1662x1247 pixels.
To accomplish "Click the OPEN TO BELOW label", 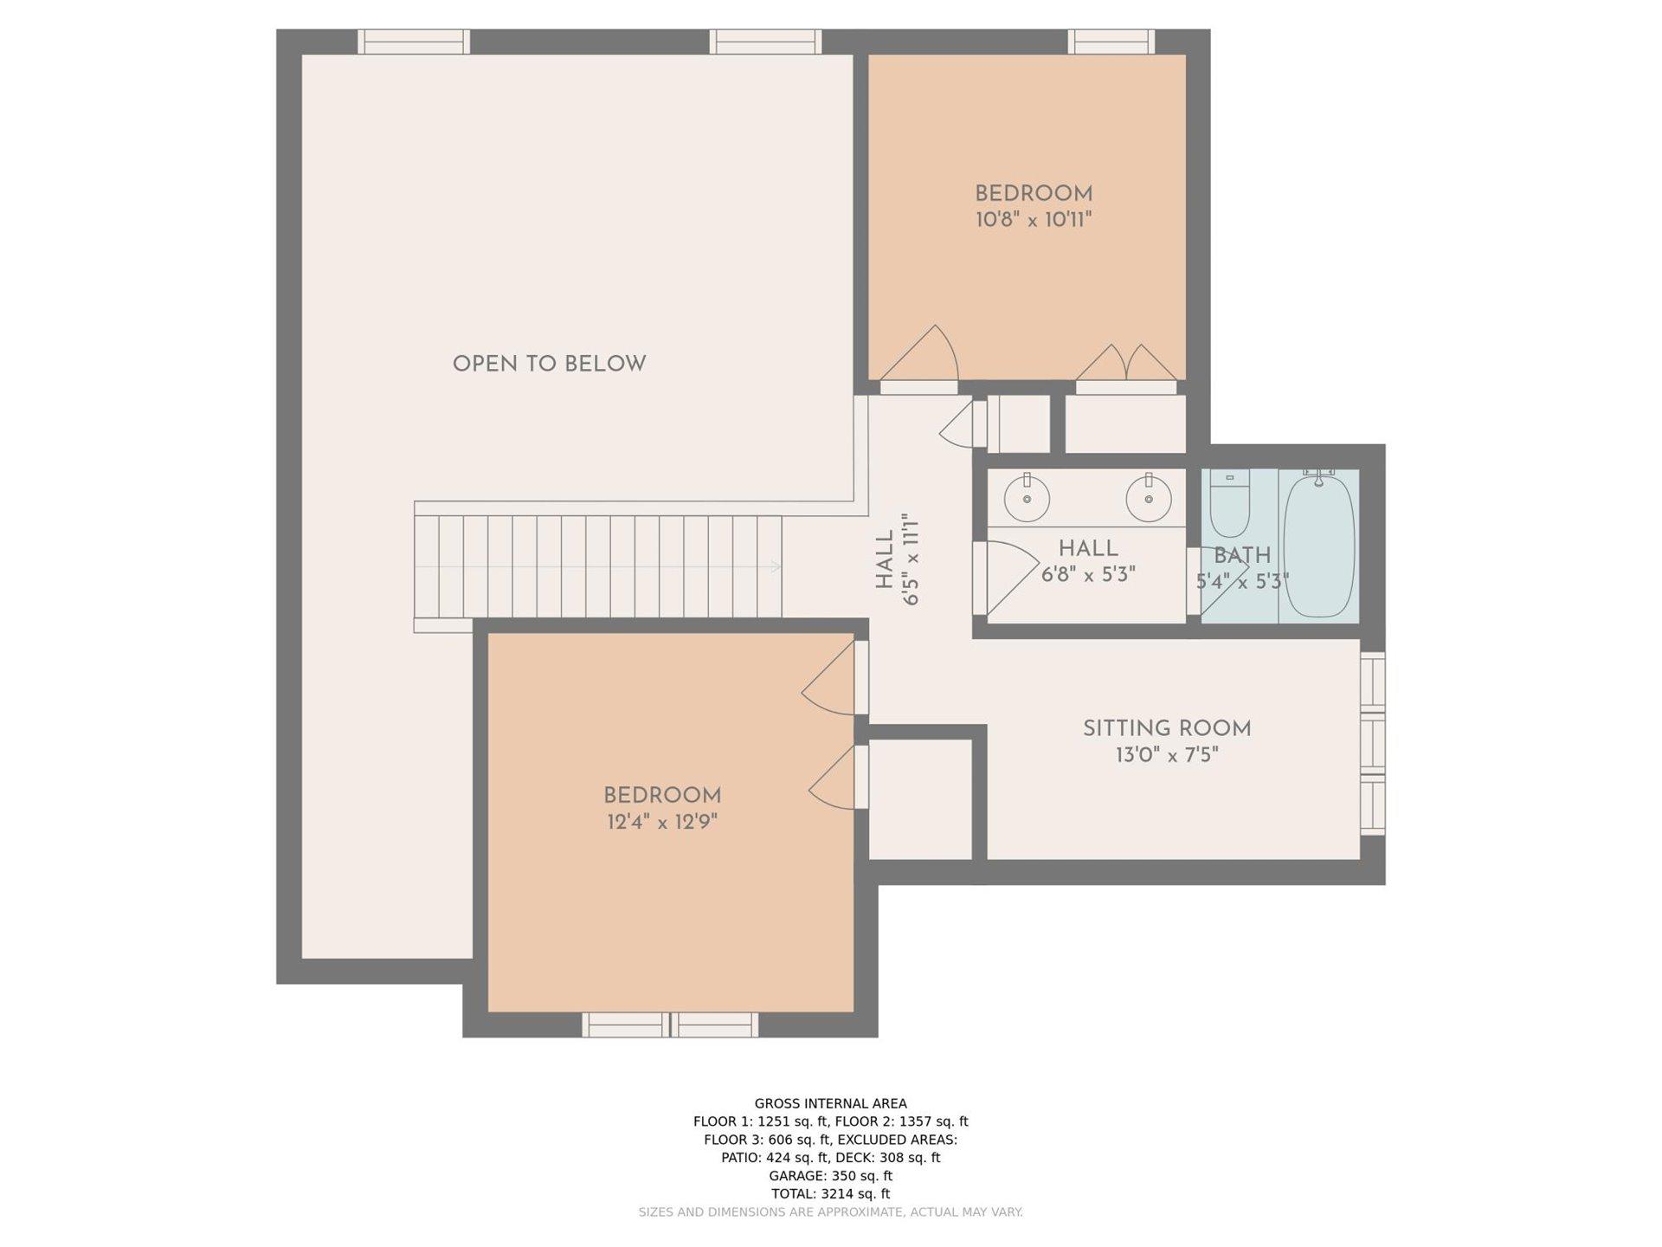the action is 549,364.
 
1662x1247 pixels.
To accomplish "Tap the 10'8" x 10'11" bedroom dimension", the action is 1034,219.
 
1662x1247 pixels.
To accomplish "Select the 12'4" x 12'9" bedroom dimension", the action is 662,822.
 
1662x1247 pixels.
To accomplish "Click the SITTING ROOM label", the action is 1167,729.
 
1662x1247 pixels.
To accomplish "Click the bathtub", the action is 1318,545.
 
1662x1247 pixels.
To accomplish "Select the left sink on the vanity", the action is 1027,498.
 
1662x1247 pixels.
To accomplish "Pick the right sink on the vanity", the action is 1149,498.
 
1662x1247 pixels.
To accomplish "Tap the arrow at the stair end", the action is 776,567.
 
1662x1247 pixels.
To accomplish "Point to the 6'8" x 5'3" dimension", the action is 1088,574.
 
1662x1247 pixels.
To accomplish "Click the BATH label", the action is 1242,556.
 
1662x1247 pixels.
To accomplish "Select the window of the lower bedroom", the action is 670,1024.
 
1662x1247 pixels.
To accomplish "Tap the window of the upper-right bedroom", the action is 1111,42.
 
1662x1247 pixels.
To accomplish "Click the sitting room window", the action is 1373,743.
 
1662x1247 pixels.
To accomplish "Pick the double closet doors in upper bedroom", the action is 1126,363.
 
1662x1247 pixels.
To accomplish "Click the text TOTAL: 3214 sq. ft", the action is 830,1193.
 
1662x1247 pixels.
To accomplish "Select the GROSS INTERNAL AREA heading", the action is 831,1103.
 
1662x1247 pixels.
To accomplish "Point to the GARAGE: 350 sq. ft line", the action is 830,1175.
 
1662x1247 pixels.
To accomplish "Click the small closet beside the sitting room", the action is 920,799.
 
